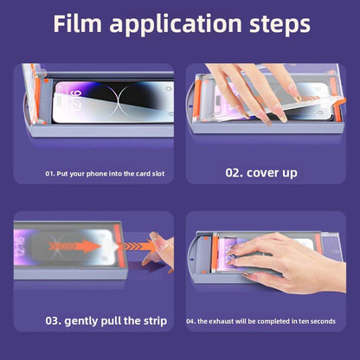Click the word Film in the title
(x=77, y=23)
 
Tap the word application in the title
(x=176, y=25)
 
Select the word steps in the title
(x=280, y=25)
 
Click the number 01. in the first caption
(x=50, y=174)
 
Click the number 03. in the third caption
(x=53, y=321)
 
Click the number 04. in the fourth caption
(x=191, y=321)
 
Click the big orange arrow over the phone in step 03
(x=74, y=246)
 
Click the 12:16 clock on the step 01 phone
(x=75, y=100)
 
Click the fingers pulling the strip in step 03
(x=158, y=251)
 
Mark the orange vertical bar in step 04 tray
(x=215, y=254)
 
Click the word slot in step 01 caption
(x=158, y=174)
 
